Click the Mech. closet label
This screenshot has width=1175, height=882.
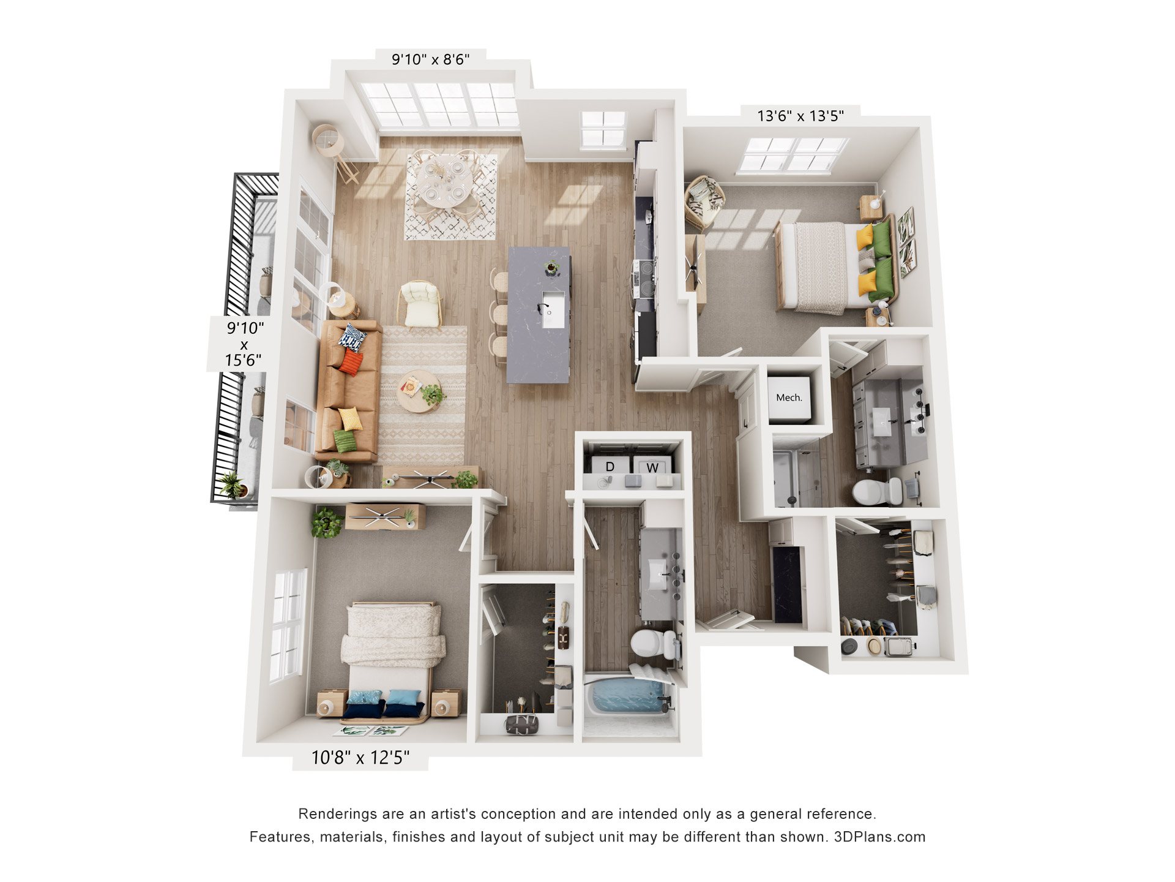789,398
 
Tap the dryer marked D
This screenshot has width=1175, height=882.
610,465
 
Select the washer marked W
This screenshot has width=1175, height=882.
652,466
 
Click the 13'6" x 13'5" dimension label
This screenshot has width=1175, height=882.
800,116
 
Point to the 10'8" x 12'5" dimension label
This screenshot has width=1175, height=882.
360,758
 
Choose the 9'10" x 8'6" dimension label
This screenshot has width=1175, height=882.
431,59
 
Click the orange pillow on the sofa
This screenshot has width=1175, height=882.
351,362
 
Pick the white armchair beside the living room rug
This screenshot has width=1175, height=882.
420,304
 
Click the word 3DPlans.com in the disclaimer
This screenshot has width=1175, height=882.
879,837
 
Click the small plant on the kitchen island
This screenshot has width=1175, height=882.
551,267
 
